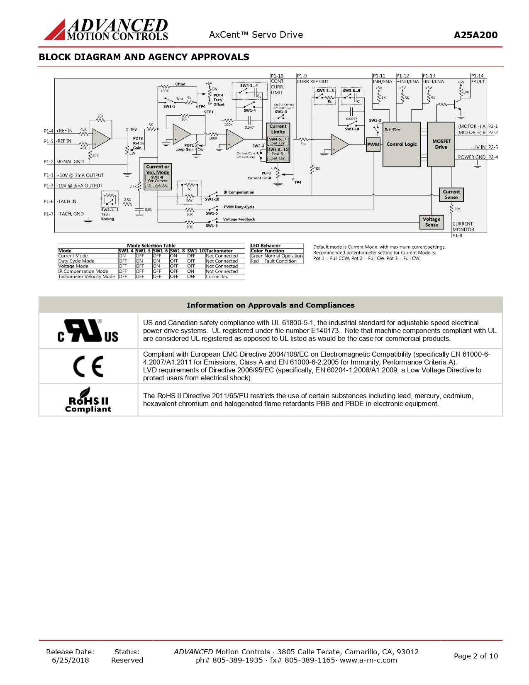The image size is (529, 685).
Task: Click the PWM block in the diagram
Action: [x=373, y=144]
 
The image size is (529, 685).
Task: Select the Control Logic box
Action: [x=401, y=144]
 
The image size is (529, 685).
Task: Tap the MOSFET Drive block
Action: [x=441, y=144]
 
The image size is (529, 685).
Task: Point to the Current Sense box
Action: [x=451, y=194]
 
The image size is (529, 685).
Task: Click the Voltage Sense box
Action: [x=431, y=222]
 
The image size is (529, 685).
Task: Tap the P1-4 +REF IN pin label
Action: [x=59, y=131]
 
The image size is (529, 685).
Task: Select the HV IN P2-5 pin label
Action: [x=485, y=147]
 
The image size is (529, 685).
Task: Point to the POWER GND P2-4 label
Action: [x=478, y=157]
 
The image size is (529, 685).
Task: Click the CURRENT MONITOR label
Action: [x=463, y=227]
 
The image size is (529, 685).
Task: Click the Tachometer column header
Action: [x=219, y=251]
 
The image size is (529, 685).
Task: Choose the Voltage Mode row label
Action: [x=73, y=266]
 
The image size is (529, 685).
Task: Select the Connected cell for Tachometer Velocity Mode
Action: [x=217, y=276]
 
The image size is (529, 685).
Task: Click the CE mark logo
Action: [x=88, y=366]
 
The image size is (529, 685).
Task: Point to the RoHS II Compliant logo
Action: [x=88, y=400]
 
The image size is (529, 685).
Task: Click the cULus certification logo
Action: [x=88, y=331]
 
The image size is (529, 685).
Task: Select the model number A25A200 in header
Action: [x=475, y=35]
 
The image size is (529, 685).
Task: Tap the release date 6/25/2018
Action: [x=70, y=660]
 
